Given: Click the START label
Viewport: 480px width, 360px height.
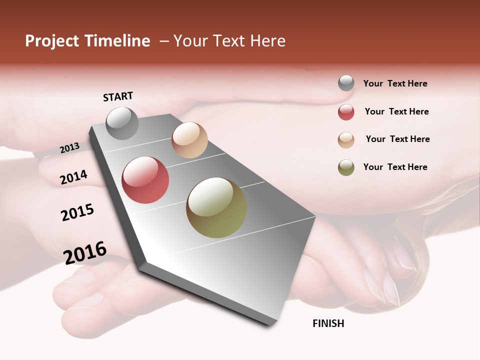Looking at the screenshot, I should [x=118, y=96].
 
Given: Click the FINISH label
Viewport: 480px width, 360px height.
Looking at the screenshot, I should [x=328, y=323].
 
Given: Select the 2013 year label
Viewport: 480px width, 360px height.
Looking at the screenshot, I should [x=69, y=148].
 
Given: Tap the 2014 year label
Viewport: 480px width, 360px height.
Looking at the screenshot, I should [x=73, y=177].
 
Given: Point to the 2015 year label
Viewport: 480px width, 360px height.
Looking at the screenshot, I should [x=77, y=212].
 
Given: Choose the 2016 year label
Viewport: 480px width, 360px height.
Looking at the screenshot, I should [x=85, y=252].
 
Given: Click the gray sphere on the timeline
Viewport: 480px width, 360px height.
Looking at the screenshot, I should [x=122, y=123].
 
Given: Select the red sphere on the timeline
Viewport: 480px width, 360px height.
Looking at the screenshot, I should [x=145, y=180].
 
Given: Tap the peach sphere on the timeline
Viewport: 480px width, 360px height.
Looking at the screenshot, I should [x=189, y=140].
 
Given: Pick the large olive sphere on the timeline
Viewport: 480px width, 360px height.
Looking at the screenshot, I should [x=216, y=207].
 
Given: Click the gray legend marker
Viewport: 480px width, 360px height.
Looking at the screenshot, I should [x=346, y=83].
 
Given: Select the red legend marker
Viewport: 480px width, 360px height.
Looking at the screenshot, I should [x=346, y=112].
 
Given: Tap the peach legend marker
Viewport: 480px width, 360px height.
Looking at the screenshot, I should [x=346, y=140].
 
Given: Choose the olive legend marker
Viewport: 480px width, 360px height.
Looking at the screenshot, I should [x=346, y=167].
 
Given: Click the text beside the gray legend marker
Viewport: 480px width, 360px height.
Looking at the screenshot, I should [x=395, y=83].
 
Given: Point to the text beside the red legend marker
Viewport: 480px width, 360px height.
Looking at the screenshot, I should [x=396, y=111].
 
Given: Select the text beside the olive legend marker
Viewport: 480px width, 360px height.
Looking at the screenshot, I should [x=395, y=167].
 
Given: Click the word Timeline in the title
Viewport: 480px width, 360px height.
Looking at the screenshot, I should [x=117, y=41].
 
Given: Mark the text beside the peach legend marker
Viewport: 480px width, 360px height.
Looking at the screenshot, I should [x=397, y=139].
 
